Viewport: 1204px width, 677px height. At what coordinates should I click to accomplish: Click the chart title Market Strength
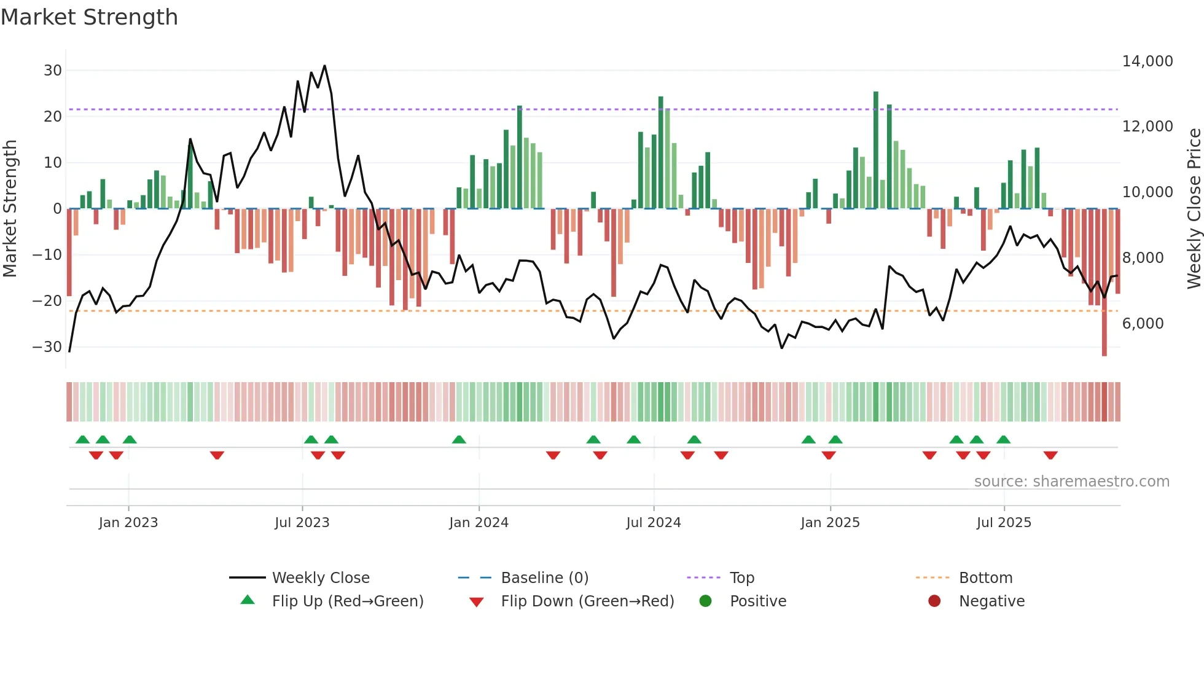click(x=89, y=17)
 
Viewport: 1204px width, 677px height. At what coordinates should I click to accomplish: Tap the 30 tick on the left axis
click(x=53, y=71)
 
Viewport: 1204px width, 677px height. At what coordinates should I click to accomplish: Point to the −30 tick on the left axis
click(x=48, y=347)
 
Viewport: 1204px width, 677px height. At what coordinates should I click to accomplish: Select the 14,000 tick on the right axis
click(x=1147, y=61)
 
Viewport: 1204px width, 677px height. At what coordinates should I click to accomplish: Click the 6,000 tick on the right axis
click(x=1143, y=324)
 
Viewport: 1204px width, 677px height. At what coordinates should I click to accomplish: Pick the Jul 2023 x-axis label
click(x=302, y=523)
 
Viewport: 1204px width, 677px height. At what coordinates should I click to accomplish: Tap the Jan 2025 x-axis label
click(x=830, y=523)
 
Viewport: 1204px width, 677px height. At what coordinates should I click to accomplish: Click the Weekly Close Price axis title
click(x=1194, y=209)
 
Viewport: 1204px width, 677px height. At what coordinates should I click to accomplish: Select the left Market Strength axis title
click(x=10, y=209)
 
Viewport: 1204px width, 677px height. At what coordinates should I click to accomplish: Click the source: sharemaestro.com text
click(x=1071, y=482)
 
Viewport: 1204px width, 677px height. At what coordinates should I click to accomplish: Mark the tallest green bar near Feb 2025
click(x=876, y=151)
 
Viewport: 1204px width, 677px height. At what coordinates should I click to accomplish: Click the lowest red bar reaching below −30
click(x=1104, y=283)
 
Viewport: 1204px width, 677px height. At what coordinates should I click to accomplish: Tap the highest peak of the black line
click(x=324, y=66)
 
